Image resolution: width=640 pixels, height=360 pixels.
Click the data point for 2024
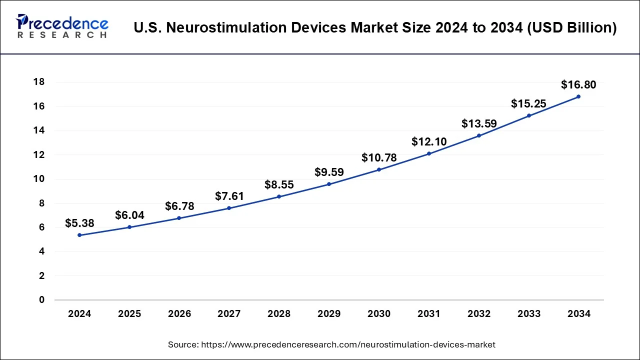click(79, 235)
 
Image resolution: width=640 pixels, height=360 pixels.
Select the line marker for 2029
click(329, 184)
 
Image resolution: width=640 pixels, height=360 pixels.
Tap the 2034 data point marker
click(578, 96)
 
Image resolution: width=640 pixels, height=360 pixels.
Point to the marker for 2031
click(429, 153)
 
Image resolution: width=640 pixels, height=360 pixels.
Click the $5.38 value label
click(79, 223)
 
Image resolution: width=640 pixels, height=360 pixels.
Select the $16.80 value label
click(578, 84)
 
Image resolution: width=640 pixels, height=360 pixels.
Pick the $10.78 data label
click(379, 158)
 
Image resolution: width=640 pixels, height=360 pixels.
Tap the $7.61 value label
click(229, 196)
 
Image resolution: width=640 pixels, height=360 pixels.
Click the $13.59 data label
click(478, 123)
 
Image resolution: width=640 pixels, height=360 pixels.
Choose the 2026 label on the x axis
click(179, 314)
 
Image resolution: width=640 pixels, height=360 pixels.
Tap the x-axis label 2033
click(529, 314)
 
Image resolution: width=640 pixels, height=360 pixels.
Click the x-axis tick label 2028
click(279, 314)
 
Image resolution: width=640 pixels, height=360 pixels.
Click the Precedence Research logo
click(62, 26)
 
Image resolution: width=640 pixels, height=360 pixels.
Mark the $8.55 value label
click(279, 184)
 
